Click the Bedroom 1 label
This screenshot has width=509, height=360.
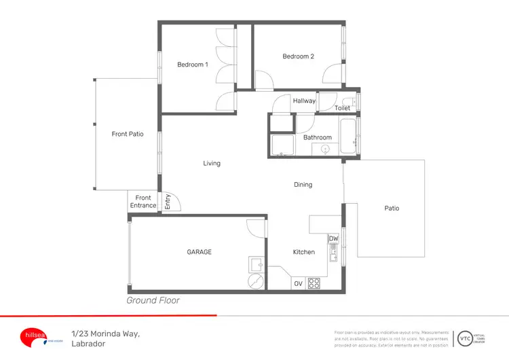(192, 65)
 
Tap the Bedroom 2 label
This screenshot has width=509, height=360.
(298, 56)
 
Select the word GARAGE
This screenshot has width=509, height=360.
(199, 252)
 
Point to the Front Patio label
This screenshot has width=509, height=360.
(128, 134)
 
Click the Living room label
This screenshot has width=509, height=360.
(212, 163)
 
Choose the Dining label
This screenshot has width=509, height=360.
(303, 185)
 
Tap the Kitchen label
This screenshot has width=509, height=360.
(303, 252)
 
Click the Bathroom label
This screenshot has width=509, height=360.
(317, 137)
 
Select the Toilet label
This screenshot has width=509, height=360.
(342, 108)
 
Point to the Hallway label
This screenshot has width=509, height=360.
(304, 101)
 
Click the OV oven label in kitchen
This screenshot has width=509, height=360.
(298, 283)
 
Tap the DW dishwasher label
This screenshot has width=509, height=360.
(333, 239)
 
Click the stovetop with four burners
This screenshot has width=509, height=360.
(314, 283)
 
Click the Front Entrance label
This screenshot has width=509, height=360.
(143, 202)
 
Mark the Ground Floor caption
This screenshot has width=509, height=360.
(153, 300)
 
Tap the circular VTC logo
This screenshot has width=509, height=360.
(466, 336)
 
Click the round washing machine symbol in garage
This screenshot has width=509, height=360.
(255, 281)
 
